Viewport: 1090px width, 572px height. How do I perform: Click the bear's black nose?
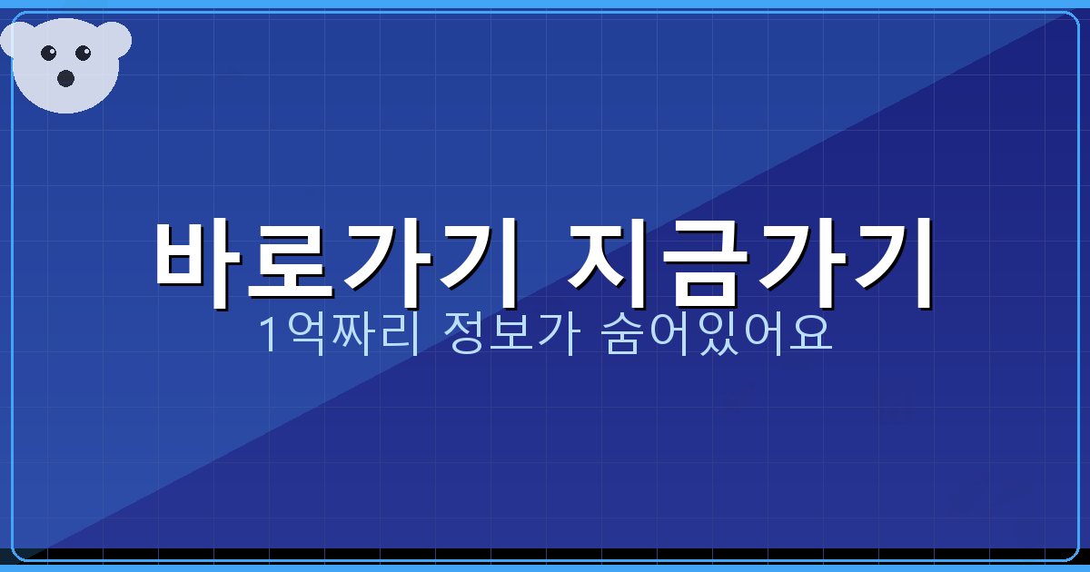tap(65, 78)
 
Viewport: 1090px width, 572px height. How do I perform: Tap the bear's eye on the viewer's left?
tap(48, 53)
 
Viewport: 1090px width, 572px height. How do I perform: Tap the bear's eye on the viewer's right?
tap(84, 53)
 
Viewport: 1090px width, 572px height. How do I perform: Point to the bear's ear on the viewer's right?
tap(115, 38)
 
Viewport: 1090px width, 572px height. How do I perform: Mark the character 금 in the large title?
tap(704, 263)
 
